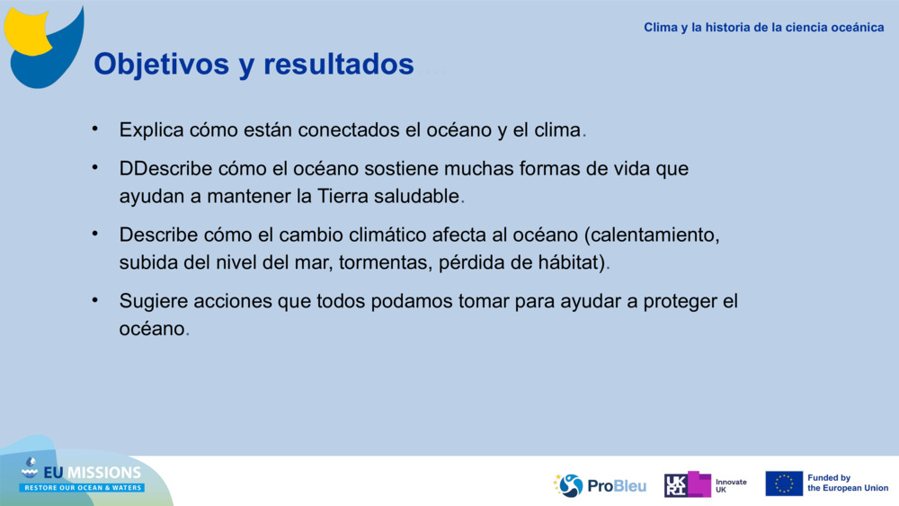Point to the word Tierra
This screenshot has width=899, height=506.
(347, 196)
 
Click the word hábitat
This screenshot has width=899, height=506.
(574, 262)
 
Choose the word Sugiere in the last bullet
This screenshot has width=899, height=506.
(151, 302)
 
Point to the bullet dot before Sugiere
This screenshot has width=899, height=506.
(95, 300)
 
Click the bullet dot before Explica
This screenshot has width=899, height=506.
(95, 128)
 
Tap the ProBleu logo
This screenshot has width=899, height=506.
(600, 485)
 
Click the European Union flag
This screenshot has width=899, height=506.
(783, 484)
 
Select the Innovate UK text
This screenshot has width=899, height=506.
(730, 485)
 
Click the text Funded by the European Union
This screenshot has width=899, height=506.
(847, 484)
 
